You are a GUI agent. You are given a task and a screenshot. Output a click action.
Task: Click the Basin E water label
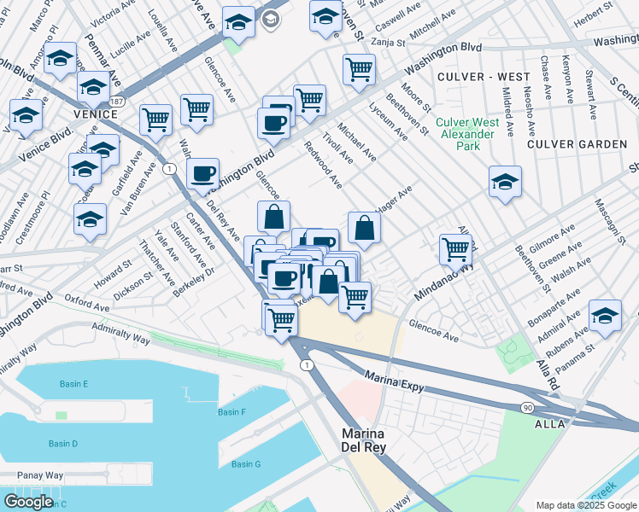click(74, 384)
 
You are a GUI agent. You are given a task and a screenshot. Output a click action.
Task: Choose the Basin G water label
click(246, 464)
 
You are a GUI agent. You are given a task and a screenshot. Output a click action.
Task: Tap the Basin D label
click(63, 444)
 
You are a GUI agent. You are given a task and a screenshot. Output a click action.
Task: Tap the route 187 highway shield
click(115, 102)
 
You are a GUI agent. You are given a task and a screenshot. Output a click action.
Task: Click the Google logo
click(28, 502)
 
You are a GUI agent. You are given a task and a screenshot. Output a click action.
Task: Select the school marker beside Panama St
click(605, 315)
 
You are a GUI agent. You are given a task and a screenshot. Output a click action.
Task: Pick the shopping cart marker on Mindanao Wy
click(455, 249)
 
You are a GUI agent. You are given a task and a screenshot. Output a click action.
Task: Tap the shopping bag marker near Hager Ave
click(364, 227)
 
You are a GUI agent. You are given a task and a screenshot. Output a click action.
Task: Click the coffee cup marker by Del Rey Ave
click(202, 174)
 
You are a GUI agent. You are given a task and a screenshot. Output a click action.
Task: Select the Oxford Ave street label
click(88, 305)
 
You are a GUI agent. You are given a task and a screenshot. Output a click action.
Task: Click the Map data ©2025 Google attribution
click(585, 505)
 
